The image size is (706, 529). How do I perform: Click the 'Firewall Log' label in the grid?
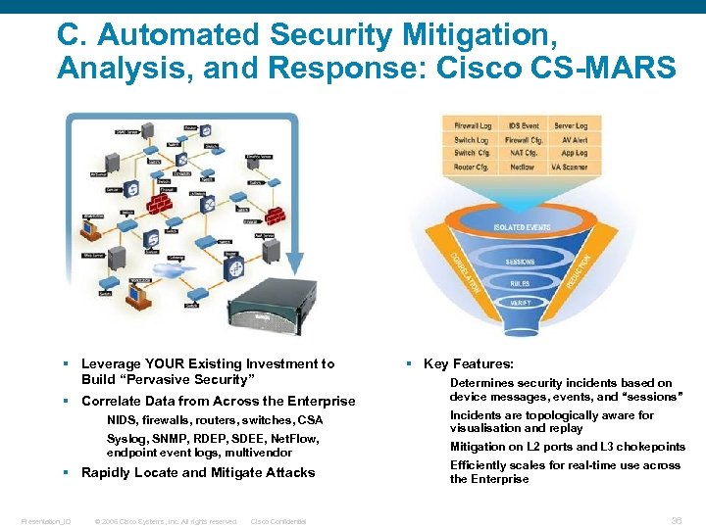pos(473,126)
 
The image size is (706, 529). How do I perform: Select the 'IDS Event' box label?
pos(523,126)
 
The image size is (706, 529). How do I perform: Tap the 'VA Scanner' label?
pos(570,168)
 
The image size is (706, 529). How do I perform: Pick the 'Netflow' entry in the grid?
pos(523,168)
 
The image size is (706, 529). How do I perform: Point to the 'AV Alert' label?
pos(573,140)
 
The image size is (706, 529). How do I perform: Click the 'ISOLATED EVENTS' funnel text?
pos(522,228)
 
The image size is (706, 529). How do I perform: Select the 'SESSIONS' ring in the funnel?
pos(521,263)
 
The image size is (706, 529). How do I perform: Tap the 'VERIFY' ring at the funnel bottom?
pos(521,304)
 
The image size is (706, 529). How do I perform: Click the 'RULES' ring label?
pos(521,283)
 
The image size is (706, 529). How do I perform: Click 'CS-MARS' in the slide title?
pos(614,68)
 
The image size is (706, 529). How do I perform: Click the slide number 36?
pos(677,521)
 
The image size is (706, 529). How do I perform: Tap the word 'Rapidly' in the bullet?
pos(106,472)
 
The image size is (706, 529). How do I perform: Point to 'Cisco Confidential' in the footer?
pos(278,521)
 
